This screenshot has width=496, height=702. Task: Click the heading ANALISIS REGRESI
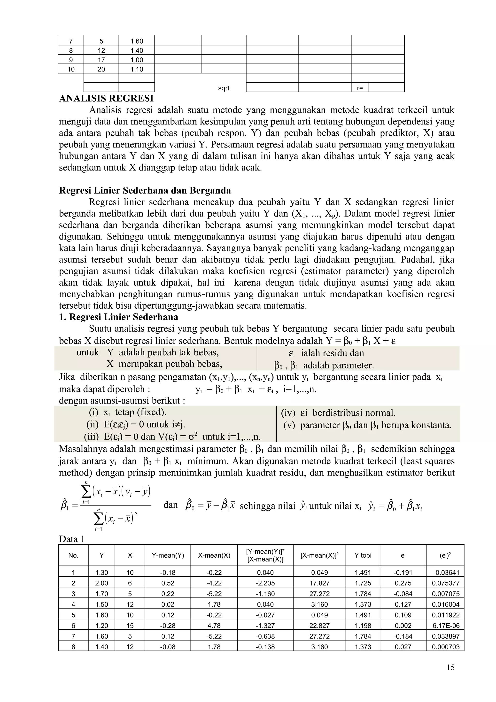[x=106, y=98]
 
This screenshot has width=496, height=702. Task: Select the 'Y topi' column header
[x=363, y=555]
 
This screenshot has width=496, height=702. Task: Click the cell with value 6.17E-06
[x=446, y=625]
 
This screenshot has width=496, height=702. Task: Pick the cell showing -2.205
[x=265, y=583]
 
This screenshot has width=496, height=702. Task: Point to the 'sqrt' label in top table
[x=223, y=88]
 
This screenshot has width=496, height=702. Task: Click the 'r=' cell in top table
[x=360, y=88]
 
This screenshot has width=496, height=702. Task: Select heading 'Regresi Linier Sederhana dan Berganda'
[x=145, y=190]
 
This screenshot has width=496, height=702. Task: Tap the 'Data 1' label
[x=71, y=539]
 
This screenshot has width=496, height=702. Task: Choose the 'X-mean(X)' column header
[x=214, y=555]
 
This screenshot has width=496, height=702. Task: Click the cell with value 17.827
[x=319, y=583]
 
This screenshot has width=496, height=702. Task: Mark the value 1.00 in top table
[x=137, y=60]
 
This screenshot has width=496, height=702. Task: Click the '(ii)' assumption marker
[x=92, y=424]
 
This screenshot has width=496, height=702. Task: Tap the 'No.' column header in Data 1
[x=73, y=555]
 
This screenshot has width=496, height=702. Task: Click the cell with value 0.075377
[x=446, y=583]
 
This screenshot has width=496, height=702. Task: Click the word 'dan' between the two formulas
[x=170, y=505]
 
